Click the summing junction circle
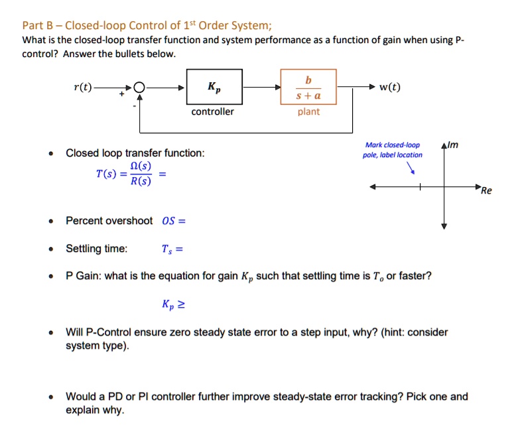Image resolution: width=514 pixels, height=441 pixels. (139, 88)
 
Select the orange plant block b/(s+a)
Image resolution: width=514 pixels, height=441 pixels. (308, 88)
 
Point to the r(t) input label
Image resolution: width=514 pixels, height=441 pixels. (84, 87)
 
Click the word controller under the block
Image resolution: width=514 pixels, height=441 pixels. (212, 111)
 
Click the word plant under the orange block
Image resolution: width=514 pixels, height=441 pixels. (308, 111)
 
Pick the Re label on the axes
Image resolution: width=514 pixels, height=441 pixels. (486, 191)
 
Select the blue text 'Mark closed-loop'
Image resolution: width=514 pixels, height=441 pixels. (393, 145)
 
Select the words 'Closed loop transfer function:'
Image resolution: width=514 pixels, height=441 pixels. (135, 153)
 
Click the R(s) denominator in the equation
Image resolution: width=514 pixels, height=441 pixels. (140, 182)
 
